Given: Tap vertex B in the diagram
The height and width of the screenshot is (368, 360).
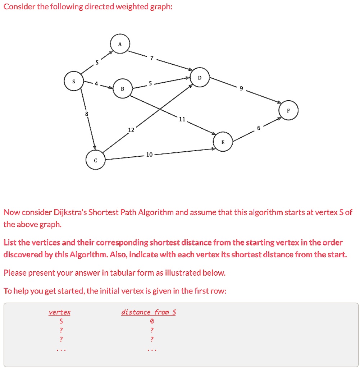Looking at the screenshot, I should [x=122, y=89].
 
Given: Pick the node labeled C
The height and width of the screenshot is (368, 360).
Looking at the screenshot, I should [x=95, y=161].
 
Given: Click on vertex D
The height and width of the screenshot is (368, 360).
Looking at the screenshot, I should [x=200, y=78].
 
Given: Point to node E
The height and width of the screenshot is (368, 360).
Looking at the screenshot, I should [x=223, y=142].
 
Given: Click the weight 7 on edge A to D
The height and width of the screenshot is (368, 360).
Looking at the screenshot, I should [x=152, y=58].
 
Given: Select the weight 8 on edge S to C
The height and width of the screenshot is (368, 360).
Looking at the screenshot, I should [x=86, y=114].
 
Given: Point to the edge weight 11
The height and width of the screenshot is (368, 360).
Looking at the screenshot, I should [x=182, y=119].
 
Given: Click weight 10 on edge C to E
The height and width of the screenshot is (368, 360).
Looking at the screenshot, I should [x=149, y=155].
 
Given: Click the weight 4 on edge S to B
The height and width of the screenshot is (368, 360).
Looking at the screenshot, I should [x=96, y=84].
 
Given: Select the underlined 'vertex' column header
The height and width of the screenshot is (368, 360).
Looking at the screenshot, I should [x=60, y=312].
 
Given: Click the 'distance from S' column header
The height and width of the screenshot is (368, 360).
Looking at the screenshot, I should [x=149, y=312].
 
